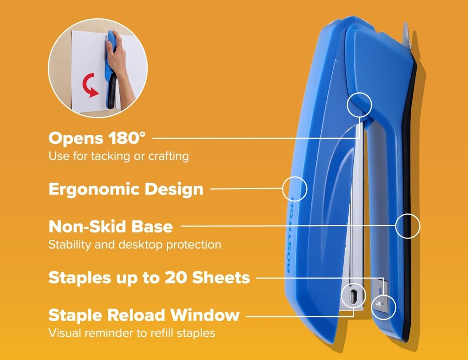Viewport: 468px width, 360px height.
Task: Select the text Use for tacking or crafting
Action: click(118, 156)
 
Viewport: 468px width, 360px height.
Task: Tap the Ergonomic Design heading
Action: click(126, 189)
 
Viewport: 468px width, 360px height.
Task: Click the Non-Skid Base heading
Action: click(111, 226)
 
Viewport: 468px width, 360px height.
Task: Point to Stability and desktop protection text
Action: click(135, 245)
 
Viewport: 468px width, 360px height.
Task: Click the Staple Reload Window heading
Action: click(144, 315)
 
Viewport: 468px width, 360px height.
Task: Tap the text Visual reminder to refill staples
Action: click(132, 333)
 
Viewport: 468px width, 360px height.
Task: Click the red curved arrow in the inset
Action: click(90, 85)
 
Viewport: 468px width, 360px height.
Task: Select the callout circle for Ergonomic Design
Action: click(295, 189)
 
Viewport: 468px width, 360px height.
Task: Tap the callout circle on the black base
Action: click(407, 226)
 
